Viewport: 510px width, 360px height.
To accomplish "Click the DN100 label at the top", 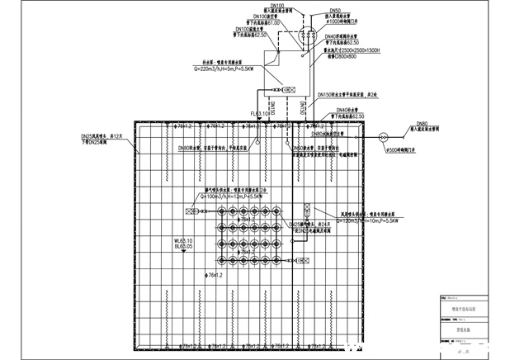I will click(x=278, y=6).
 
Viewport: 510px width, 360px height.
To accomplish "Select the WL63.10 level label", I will click(x=184, y=240).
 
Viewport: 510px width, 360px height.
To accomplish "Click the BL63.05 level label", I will click(x=184, y=247).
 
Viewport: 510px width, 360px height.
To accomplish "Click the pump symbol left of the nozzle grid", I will click(x=194, y=212).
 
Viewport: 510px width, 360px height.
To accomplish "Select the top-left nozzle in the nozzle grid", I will click(x=220, y=211).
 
